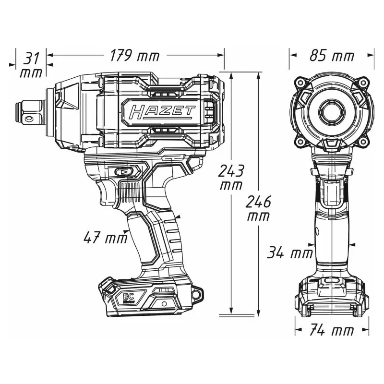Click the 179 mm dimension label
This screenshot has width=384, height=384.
click(135, 55)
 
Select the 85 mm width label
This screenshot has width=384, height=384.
click(332, 56)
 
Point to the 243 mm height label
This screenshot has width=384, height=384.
click(231, 178)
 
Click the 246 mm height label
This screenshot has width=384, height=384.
click(258, 208)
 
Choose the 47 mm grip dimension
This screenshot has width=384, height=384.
click(106, 238)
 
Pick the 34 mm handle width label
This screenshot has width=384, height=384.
click(290, 252)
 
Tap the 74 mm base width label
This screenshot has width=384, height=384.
click(332, 330)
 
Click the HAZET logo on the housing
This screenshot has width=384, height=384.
click(162, 112)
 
